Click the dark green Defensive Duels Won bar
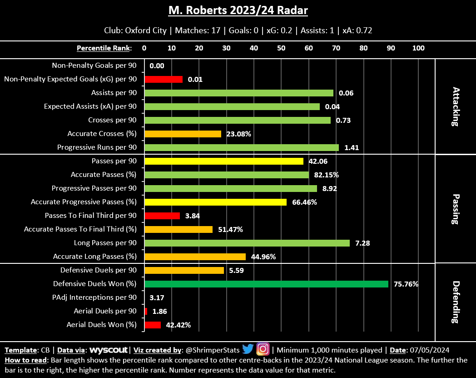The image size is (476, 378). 266,284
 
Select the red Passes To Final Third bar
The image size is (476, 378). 162,216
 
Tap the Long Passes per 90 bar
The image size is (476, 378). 247,243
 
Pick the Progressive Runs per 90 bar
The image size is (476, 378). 241,147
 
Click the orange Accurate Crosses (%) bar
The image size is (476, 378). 183,134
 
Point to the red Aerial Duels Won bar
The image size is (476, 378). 153,325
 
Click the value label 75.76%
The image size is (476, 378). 406,284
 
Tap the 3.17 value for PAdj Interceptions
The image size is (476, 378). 157,298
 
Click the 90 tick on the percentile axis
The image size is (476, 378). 391,48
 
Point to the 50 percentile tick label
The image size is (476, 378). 281,48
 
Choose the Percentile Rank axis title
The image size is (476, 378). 104,48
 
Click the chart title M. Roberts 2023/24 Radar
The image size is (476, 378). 238,10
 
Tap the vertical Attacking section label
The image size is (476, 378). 456,106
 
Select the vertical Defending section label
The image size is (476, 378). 456,302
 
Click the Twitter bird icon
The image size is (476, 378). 248,349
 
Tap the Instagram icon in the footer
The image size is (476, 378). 263,349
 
